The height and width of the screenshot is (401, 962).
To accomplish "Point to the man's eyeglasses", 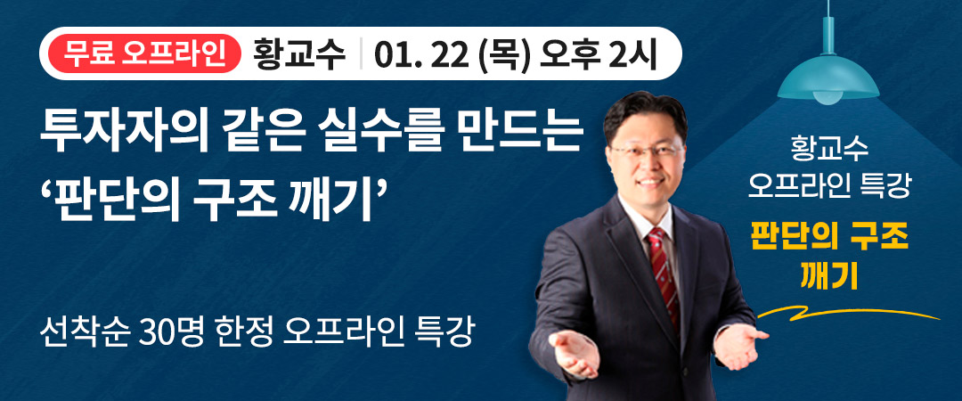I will [x=648, y=151].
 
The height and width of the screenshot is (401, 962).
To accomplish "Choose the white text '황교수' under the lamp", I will [x=829, y=145].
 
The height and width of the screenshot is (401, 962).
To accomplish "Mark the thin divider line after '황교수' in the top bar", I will [x=361, y=56].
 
